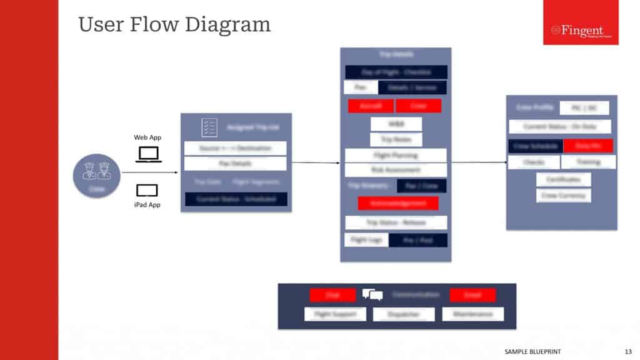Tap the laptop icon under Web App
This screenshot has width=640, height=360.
(149, 154)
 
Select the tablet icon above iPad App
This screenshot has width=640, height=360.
(147, 191)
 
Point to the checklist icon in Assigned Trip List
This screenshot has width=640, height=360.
(209, 127)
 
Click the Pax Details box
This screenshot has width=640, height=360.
(235, 164)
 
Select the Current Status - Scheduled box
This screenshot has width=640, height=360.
(236, 199)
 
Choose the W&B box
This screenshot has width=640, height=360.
(396, 124)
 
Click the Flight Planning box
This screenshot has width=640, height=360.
(396, 155)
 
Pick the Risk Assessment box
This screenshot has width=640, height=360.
(396, 169)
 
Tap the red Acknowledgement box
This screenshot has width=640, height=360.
(398, 203)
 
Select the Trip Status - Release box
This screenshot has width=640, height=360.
(396, 222)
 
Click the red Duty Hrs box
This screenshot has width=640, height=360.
(587, 146)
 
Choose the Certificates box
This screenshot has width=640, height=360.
(563, 179)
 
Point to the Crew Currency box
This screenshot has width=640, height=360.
(563, 195)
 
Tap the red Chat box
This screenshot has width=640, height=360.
(332, 295)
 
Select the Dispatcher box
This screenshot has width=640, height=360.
(403, 314)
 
